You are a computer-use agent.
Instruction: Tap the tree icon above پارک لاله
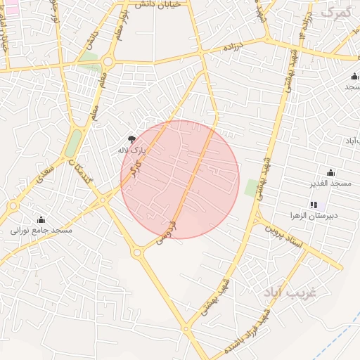132,139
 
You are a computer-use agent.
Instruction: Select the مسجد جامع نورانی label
41,229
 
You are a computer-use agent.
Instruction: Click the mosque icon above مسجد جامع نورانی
41,219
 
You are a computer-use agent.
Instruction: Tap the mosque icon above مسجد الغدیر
330,173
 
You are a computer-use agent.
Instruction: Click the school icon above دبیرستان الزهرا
313,204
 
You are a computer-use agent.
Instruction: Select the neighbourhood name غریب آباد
290,292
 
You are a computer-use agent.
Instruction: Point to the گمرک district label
335,12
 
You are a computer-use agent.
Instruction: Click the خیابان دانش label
162,5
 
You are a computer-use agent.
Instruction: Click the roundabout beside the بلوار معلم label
108,62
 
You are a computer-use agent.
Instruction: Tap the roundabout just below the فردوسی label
137,253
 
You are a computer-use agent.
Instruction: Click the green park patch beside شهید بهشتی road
252,188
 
